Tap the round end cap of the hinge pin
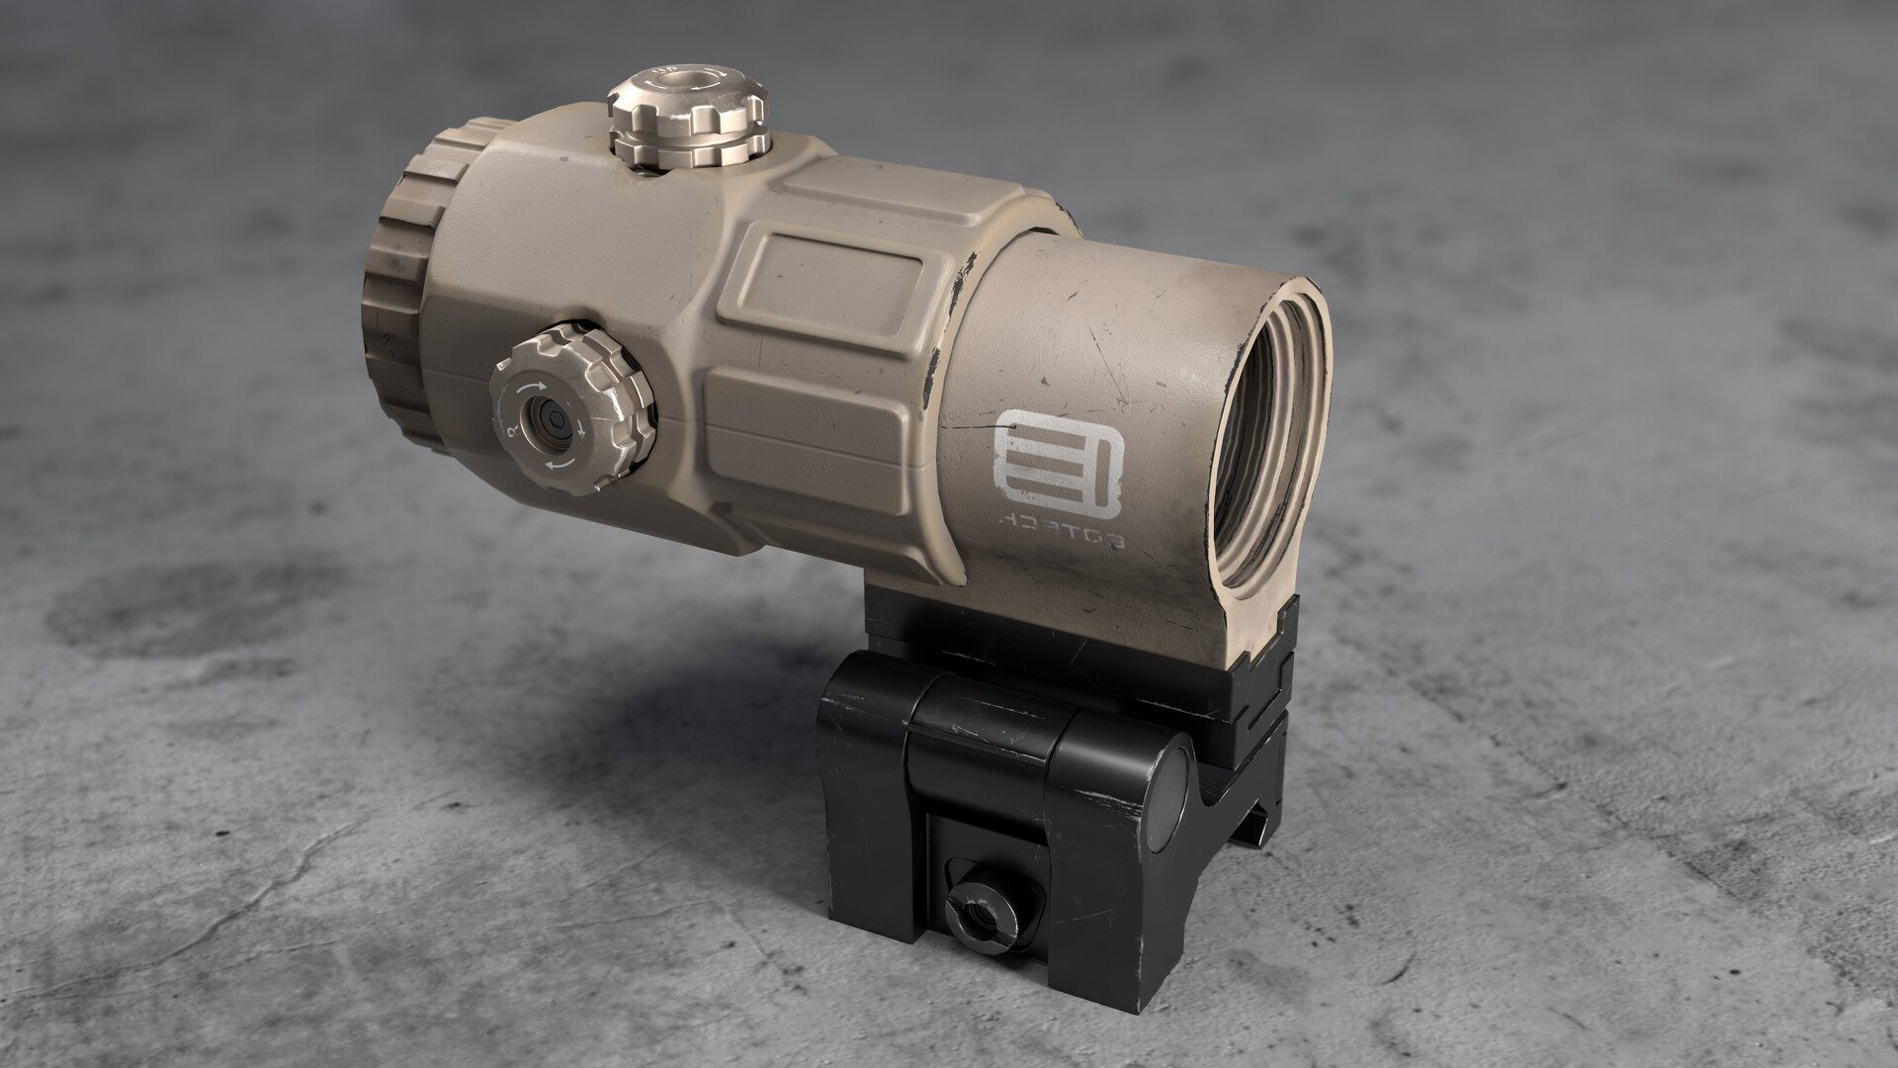click(x=1170, y=782)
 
